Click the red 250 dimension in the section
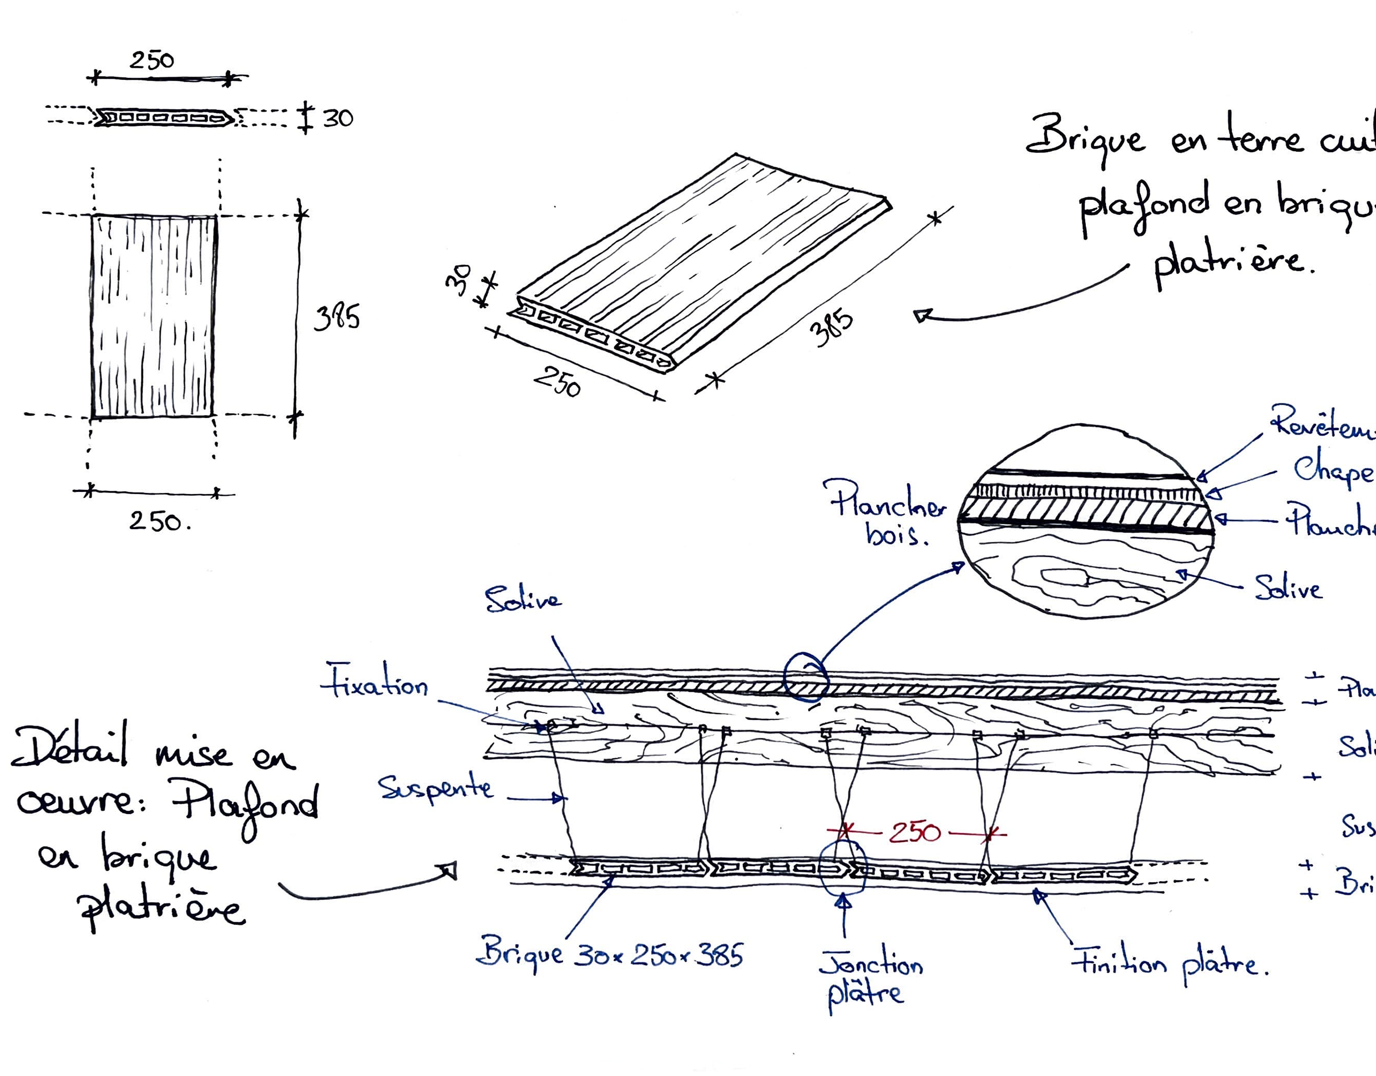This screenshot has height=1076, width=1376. [x=915, y=833]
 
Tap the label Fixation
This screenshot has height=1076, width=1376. [x=376, y=681]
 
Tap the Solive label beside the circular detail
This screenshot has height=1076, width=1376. [x=1288, y=588]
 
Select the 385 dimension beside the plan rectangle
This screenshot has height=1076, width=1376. [x=337, y=316]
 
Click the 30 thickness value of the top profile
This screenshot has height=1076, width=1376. [x=338, y=118]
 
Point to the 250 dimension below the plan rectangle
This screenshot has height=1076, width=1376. [x=157, y=521]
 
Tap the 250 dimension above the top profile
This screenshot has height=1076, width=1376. [x=152, y=61]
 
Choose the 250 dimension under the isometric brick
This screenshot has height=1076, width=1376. [x=557, y=381]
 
